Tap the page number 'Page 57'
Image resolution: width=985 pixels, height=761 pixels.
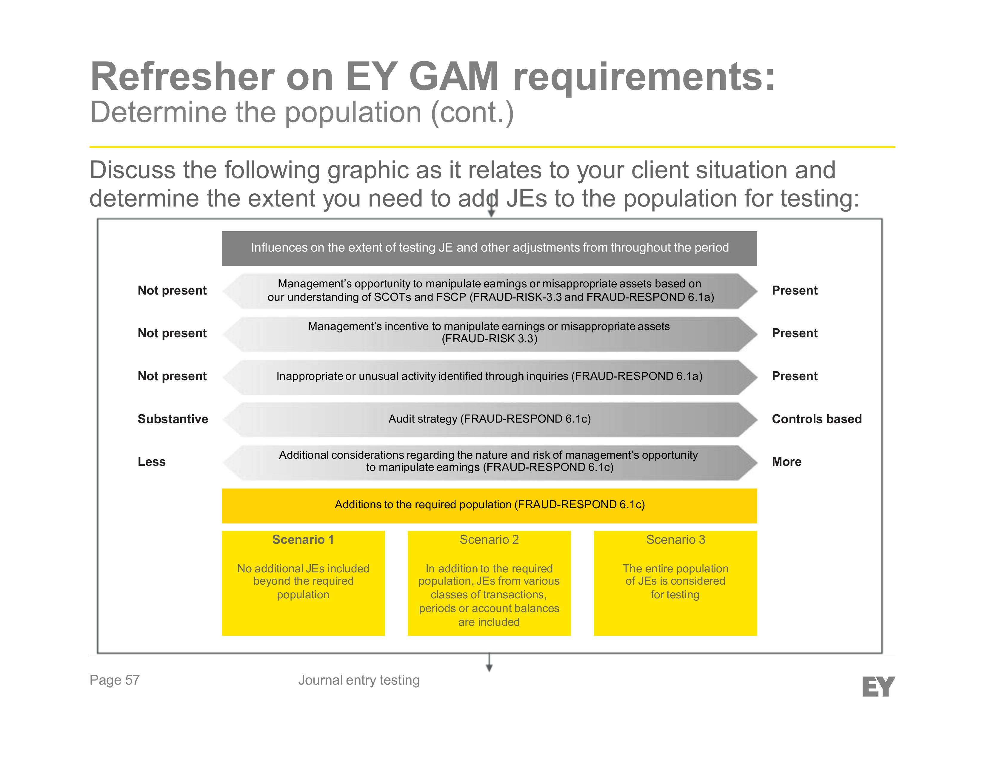[115, 680]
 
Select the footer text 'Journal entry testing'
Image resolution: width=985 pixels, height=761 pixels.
[358, 680]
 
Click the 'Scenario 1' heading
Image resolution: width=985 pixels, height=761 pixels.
[303, 540]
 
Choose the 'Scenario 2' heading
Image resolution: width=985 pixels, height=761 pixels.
[489, 540]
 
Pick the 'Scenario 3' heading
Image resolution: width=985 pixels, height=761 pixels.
[675, 540]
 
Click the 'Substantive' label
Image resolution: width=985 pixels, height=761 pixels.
[173, 419]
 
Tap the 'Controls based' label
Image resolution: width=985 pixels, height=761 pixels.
[816, 419]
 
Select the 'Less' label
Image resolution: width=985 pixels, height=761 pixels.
[152, 462]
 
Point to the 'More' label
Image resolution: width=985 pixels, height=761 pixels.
[787, 462]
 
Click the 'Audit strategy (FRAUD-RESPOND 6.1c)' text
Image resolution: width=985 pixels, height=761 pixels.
[489, 419]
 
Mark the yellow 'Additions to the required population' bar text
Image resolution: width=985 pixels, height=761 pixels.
[489, 504]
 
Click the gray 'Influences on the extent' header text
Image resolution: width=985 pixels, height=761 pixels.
[489, 247]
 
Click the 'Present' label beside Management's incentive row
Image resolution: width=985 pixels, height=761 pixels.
[794, 333]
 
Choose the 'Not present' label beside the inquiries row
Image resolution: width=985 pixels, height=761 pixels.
[172, 376]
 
